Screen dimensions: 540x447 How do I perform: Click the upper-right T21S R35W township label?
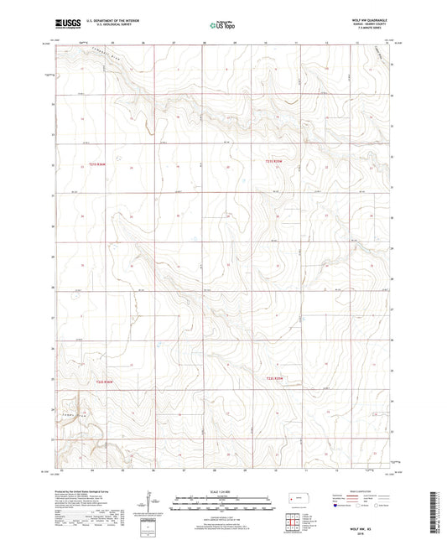pos(276,161)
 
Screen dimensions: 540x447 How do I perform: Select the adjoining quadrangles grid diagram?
pos(294,524)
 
